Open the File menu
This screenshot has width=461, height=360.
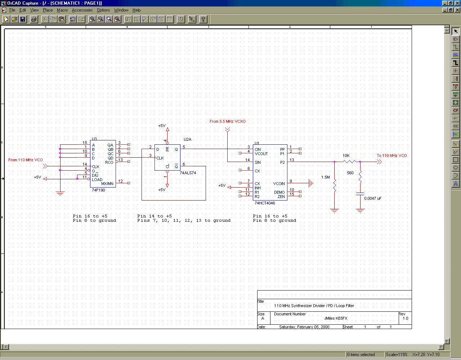[12, 10]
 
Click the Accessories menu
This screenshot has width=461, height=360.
[82, 10]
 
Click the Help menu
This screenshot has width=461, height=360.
[136, 10]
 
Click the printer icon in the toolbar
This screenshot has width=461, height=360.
[33, 19]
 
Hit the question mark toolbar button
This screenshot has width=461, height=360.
[203, 19]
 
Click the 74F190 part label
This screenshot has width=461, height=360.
[98, 190]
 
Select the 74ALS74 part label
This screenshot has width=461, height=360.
[188, 173]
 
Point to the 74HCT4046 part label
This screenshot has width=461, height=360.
[265, 203]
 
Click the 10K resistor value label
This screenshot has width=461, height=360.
[346, 156]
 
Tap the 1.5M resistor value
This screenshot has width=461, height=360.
[326, 177]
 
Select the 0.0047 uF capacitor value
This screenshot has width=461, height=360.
[373, 198]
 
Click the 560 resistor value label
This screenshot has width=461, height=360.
[350, 173]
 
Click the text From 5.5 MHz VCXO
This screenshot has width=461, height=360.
[227, 121]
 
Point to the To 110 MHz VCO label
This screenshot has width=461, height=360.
[392, 156]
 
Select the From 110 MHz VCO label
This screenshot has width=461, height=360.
[26, 160]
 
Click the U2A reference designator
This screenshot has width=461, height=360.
[188, 139]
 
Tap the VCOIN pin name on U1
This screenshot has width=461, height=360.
[279, 184]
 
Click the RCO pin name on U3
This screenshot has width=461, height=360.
[109, 162]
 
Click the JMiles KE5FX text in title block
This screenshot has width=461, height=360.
[336, 318]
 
